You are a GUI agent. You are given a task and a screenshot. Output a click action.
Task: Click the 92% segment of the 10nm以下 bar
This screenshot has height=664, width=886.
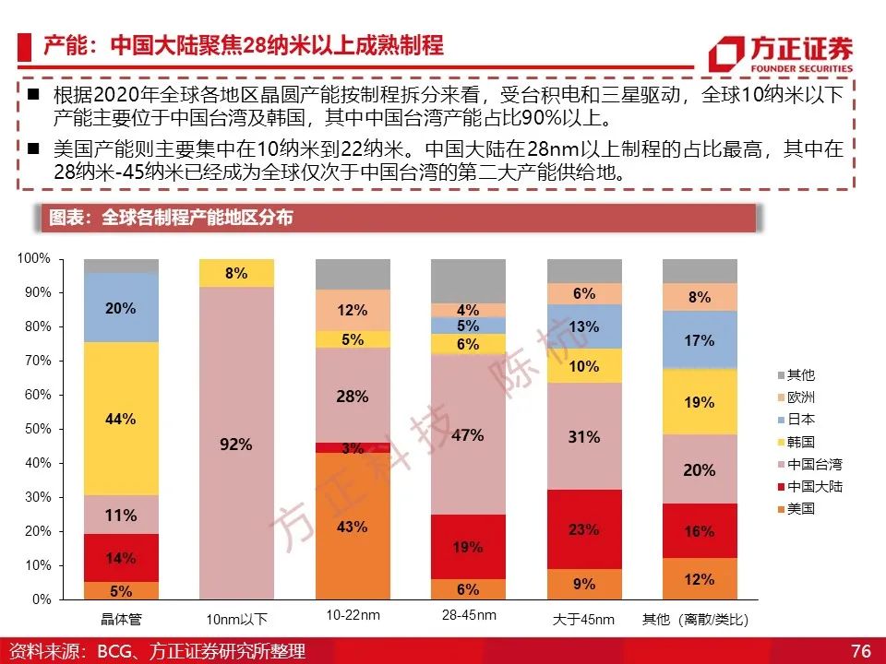pos(236,444)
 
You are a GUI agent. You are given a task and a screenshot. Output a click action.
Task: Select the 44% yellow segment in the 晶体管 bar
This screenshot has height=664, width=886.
pos(121,419)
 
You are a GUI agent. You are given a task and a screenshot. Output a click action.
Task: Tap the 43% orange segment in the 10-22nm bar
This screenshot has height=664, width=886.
pos(353,526)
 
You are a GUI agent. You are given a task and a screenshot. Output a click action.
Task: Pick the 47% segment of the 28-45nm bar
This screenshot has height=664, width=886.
pos(468,434)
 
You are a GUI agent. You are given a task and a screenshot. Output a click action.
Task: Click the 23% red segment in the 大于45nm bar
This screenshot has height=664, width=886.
pos(584,529)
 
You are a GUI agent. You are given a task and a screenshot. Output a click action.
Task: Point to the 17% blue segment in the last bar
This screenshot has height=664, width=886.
pos(700,340)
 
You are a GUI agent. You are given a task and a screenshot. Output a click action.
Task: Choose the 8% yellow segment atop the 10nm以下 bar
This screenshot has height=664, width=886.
pos(236,273)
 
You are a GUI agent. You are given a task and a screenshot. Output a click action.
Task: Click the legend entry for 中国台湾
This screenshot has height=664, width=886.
pos(810,464)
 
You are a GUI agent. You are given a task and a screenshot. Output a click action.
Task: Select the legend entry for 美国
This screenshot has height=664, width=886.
pos(796,509)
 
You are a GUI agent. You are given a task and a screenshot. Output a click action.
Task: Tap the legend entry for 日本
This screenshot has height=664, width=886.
pos(796,420)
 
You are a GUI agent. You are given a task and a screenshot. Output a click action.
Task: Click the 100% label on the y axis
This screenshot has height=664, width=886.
pos(34,258)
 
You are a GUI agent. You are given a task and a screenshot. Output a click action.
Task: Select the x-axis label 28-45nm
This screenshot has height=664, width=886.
pos(469,615)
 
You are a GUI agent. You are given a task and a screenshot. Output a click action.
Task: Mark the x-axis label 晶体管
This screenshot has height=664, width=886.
pos(121,620)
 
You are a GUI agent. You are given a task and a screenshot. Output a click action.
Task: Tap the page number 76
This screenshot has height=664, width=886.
pos(860,650)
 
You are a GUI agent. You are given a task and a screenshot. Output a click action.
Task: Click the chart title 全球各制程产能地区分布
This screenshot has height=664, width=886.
pos(197,218)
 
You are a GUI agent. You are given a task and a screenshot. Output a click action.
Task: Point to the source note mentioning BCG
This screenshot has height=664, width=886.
pos(158,651)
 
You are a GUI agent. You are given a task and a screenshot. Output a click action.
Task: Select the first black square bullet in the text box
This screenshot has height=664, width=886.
pos(34,94)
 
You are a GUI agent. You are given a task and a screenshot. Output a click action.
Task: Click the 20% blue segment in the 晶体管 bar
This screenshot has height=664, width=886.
pos(121,308)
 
